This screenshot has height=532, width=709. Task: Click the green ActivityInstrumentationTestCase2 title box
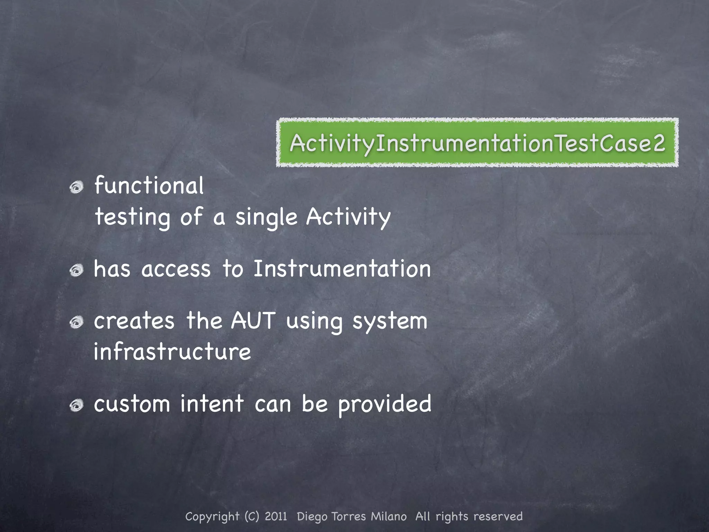[x=477, y=143]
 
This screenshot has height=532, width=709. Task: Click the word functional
[x=149, y=186]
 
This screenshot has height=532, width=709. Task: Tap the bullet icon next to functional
[x=77, y=188]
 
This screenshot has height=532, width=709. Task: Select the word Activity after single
[x=348, y=217]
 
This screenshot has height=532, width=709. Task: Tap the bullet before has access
[x=77, y=270]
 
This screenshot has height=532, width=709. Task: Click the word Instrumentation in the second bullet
[x=342, y=269]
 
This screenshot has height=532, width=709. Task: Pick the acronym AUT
[x=253, y=321]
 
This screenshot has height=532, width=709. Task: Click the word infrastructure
[x=172, y=352]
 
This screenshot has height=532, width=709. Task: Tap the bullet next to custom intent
[x=77, y=405]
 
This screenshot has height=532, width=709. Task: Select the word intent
[x=212, y=404]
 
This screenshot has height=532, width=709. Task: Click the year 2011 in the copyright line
[x=276, y=516]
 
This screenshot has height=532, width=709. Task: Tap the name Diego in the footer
[x=312, y=517]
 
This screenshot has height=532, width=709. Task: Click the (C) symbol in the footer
[x=252, y=516]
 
